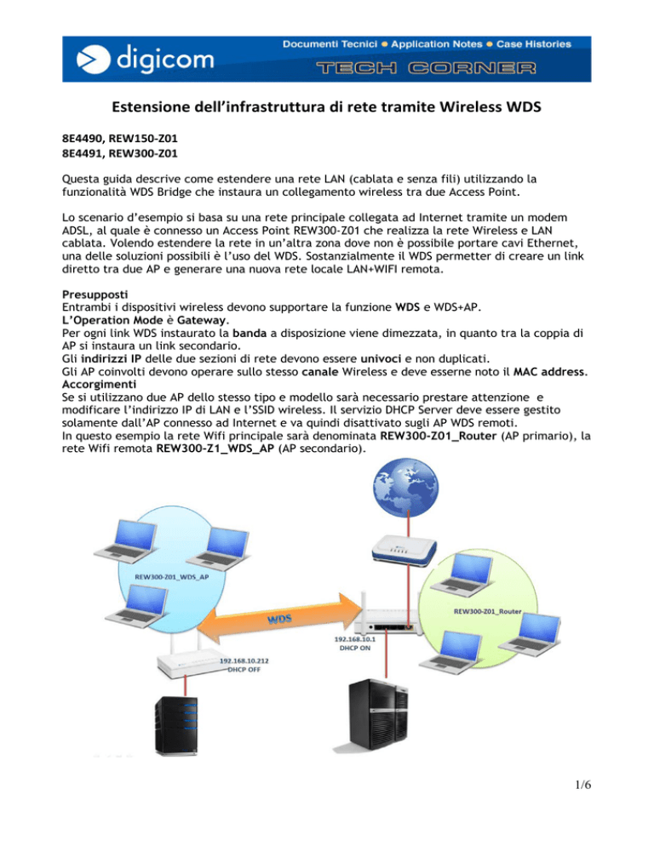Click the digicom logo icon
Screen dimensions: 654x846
[x=94, y=60]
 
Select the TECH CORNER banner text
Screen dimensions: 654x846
[x=426, y=68]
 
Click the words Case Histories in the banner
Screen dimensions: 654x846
[x=534, y=44]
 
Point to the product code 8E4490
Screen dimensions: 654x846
[x=82, y=139]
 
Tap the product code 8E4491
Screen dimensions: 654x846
[x=82, y=153]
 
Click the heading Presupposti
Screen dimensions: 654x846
[x=95, y=294]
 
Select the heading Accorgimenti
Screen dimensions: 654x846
[x=99, y=384]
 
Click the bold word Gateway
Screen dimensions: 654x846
[x=202, y=320]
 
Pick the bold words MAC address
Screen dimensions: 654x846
[x=548, y=372]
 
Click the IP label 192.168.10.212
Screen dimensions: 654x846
[x=244, y=661]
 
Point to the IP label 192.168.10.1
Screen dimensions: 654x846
[x=355, y=639]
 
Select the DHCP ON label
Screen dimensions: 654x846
[x=355, y=648]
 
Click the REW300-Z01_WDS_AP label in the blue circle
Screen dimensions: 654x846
[x=172, y=577]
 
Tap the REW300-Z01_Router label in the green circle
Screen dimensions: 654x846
[x=488, y=611]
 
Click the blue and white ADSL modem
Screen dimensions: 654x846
[x=404, y=551]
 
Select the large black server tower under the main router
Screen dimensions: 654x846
[x=378, y=716]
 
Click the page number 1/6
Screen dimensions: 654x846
[x=582, y=785]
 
